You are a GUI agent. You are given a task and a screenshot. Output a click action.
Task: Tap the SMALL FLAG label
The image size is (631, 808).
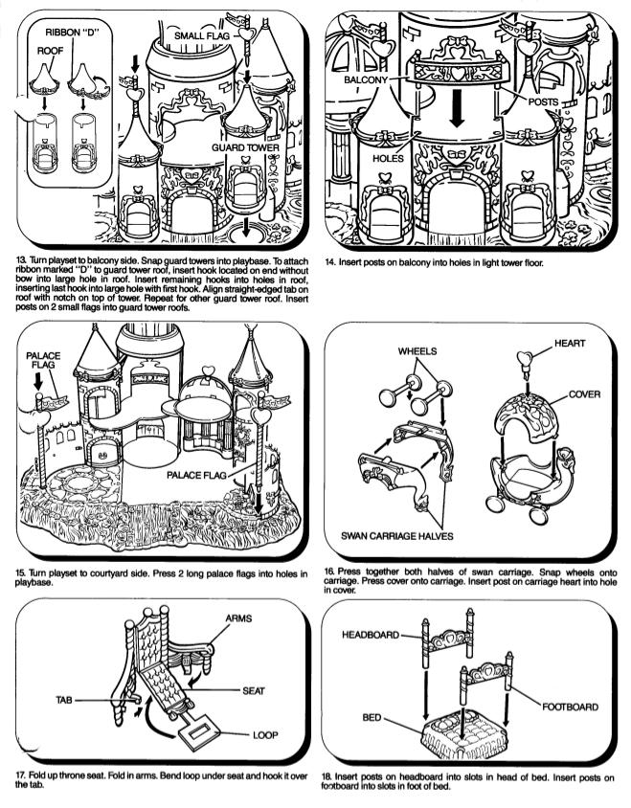pyautogui.click(x=201, y=36)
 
